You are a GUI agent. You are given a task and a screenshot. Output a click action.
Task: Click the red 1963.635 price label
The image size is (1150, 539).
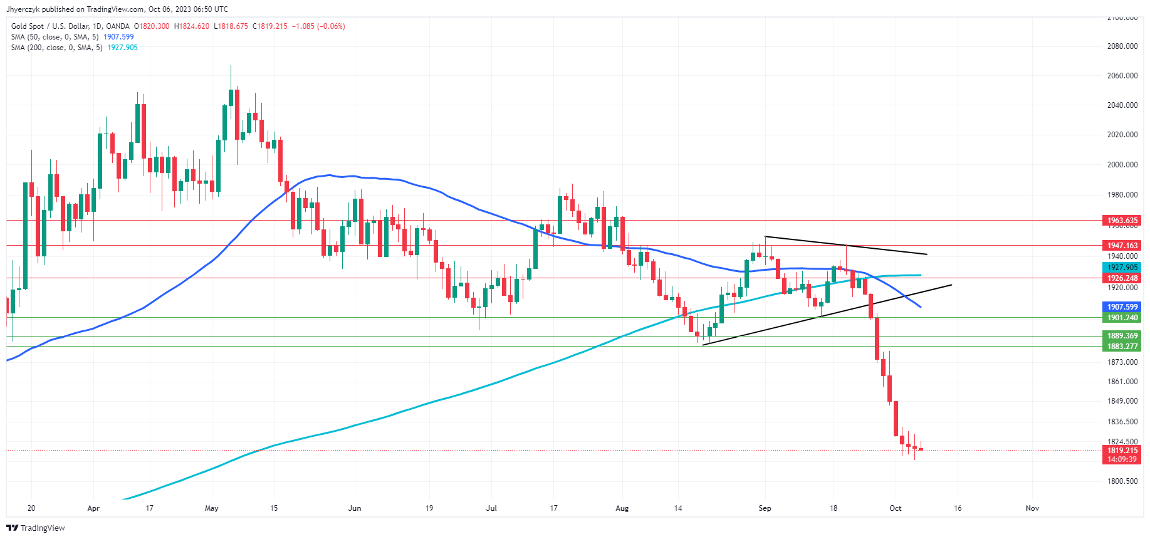click(x=1122, y=221)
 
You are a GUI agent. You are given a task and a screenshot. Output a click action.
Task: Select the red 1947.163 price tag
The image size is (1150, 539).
click(x=1122, y=246)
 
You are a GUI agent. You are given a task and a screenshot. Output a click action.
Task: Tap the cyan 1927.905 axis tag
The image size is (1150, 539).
click(x=1122, y=268)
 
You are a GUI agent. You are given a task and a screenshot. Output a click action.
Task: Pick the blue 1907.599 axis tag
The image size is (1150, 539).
click(x=1122, y=307)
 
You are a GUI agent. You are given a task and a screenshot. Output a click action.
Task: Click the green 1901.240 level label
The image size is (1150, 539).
click(x=1122, y=318)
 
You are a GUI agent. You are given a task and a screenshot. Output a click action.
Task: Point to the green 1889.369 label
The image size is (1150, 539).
click(x=1122, y=336)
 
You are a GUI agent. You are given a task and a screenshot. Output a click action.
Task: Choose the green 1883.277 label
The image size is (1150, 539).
click(x=1122, y=347)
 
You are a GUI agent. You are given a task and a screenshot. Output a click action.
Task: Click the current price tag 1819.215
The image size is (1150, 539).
click(x=1122, y=451)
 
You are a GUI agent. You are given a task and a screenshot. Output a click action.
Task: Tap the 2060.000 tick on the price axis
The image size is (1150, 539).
click(x=1122, y=76)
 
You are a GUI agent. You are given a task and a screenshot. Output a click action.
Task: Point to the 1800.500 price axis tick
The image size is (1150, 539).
click(x=1122, y=481)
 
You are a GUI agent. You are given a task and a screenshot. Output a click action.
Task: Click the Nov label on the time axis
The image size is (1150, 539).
click(x=1032, y=508)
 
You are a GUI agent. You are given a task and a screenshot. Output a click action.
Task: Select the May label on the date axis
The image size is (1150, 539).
click(x=212, y=508)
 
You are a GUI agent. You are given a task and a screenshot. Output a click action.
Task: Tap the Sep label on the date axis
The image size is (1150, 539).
click(x=765, y=508)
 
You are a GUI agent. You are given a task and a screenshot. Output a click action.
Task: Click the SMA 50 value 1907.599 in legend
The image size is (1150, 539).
click(x=118, y=37)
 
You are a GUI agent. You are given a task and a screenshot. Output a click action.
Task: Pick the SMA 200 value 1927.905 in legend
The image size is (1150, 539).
click(x=122, y=48)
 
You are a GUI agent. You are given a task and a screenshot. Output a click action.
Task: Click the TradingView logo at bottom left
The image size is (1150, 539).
click(x=36, y=528)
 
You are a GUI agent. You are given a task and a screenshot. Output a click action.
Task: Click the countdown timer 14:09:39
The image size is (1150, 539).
click(x=1122, y=459)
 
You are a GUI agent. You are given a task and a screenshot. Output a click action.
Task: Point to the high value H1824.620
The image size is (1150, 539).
click(x=192, y=26)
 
